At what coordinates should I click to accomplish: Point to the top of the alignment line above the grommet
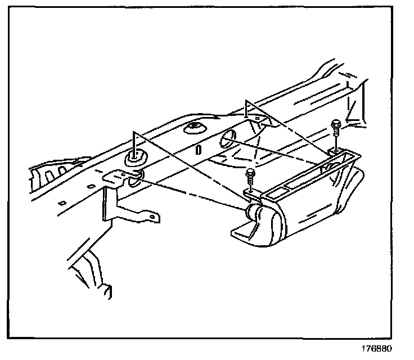134,130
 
